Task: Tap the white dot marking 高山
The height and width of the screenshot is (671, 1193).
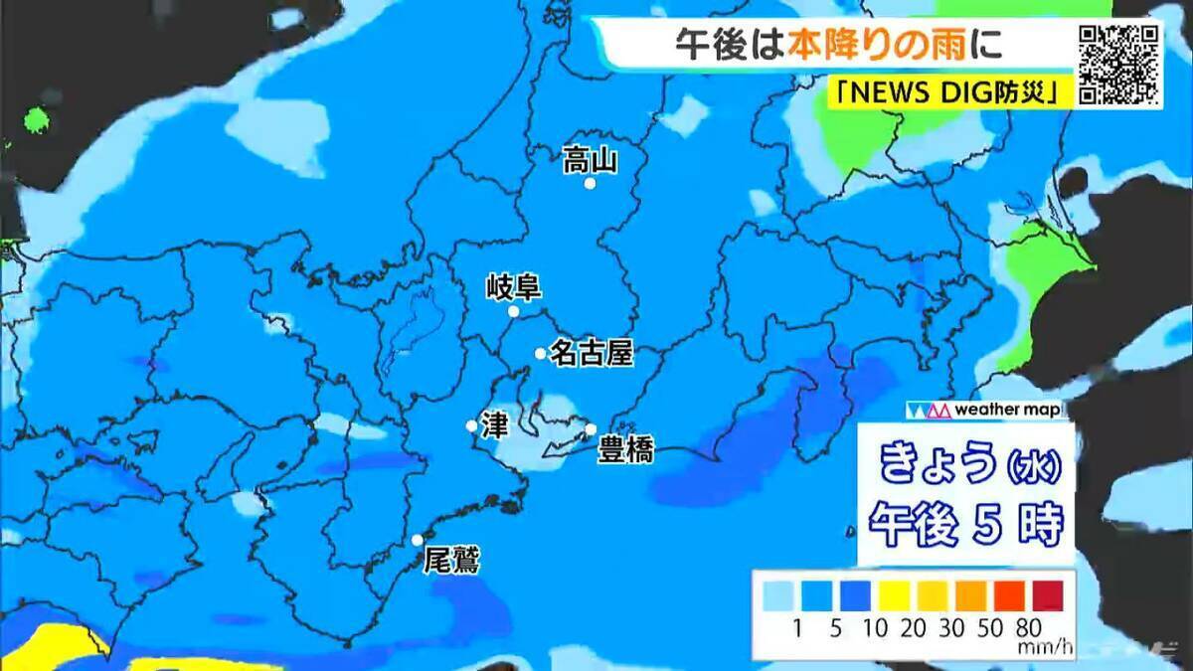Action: coord(590,184)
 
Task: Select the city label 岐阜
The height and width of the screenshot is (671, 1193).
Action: coord(513,288)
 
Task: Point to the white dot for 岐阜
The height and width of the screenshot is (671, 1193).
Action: coord(514,311)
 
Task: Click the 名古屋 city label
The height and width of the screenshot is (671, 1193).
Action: coord(592,353)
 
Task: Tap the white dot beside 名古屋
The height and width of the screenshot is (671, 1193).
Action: coord(540,353)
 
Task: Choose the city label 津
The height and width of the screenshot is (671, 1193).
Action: coord(494,425)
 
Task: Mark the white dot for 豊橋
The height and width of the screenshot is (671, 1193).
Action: coord(590,429)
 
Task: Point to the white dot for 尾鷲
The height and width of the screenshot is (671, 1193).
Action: coord(418,540)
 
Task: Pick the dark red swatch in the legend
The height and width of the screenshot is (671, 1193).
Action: coord(1048,594)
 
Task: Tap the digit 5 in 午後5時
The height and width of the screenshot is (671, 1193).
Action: coord(984,521)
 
